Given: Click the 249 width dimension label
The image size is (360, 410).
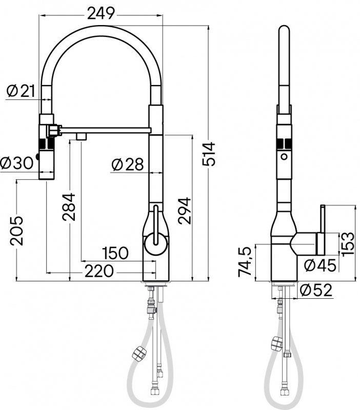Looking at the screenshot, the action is click(x=101, y=14).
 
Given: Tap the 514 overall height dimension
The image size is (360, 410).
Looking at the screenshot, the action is click(x=209, y=154).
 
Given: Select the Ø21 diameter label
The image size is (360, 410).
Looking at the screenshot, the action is click(x=21, y=91).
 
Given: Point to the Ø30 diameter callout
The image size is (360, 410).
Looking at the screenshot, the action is click(x=17, y=163).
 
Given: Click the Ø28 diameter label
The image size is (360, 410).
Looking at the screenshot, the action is click(x=128, y=165).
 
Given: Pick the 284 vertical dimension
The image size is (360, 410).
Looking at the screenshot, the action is click(x=69, y=207).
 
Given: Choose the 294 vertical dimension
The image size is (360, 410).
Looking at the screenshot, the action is click(x=185, y=211).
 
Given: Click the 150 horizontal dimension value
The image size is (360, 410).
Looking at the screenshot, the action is click(x=115, y=253).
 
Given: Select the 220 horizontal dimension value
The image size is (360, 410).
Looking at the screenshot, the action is click(x=99, y=271).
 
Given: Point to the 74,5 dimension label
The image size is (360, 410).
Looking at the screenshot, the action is click(x=245, y=261).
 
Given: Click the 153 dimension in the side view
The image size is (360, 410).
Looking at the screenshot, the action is click(x=348, y=244).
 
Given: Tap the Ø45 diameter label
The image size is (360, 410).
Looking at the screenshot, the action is click(x=320, y=266).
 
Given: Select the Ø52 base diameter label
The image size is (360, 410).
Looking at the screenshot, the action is click(x=316, y=290).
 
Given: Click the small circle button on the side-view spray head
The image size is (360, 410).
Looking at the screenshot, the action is click(x=284, y=157).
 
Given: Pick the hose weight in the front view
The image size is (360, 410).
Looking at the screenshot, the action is click(x=138, y=353).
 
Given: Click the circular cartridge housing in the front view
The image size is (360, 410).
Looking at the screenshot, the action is click(x=156, y=244).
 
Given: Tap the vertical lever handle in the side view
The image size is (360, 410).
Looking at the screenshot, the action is click(x=323, y=230).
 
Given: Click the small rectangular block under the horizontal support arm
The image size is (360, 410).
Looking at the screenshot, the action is click(x=82, y=136).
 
